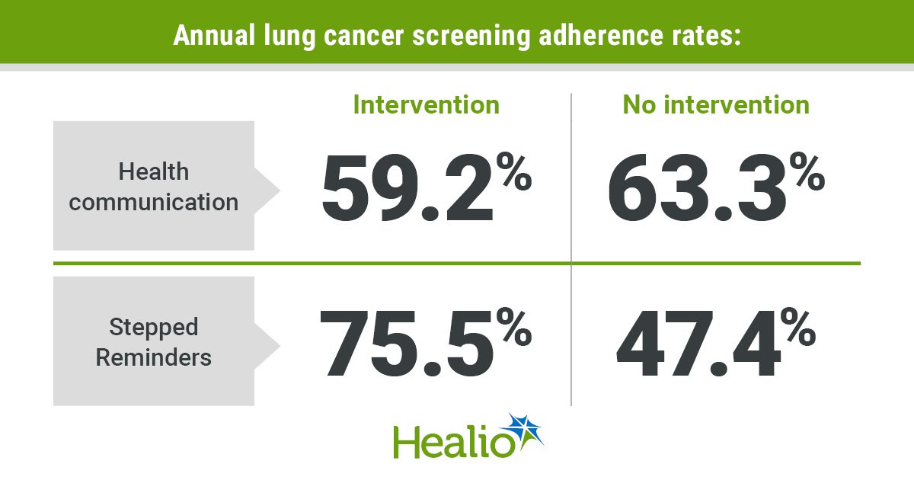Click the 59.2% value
427,187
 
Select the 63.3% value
716,187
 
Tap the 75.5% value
426,342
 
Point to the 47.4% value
716,342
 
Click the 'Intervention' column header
427,105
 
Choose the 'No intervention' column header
716,105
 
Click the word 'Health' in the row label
154,171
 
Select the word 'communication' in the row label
154,202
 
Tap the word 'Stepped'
154,328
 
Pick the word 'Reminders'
154,357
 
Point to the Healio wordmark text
454,443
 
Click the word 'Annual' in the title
214,36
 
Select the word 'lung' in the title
289,37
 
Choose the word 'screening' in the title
471,37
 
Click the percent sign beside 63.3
807,171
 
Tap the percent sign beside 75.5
514,327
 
